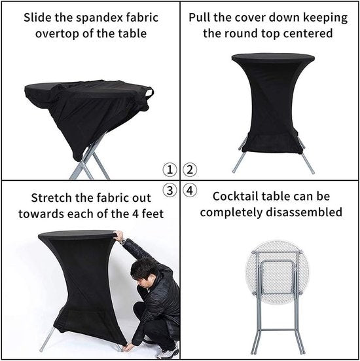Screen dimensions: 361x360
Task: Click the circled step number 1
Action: click(x=170, y=170)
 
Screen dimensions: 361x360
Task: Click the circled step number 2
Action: click(x=190, y=170)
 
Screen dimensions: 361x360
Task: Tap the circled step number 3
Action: click(x=170, y=191)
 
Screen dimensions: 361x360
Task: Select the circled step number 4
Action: click(x=190, y=192)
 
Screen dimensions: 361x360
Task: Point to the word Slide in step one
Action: click(x=38, y=16)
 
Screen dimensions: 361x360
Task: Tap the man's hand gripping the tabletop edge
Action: click(x=118, y=235)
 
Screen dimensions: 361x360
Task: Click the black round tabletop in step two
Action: click(x=272, y=58)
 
